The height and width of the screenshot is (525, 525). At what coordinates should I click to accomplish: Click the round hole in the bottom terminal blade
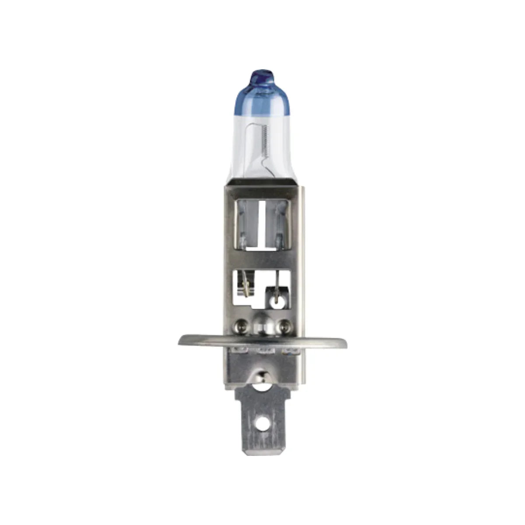262,423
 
